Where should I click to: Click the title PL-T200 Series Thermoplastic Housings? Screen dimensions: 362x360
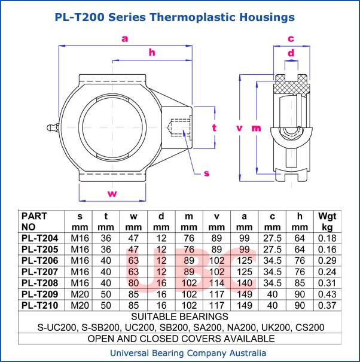pos(175,17)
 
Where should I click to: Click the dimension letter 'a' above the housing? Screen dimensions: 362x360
pos(124,39)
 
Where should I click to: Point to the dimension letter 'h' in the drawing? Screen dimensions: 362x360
pos(152,53)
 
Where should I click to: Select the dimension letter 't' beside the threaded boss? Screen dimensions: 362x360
pos(214,127)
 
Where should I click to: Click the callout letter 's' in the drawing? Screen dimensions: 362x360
pos(206,174)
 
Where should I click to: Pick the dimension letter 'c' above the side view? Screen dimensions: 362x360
pos(291,39)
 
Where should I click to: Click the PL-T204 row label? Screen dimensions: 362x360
pos(39,238)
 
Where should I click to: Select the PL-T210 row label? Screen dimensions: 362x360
pos(39,305)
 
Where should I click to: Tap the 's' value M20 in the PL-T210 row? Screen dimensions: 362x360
pos(80,305)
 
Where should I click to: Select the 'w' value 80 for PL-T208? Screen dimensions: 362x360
pos(133,282)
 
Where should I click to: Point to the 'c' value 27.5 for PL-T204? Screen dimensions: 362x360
pos(272,238)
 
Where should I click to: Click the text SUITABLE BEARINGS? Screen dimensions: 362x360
pos(179,316)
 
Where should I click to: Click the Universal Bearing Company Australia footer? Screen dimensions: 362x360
pos(180,353)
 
